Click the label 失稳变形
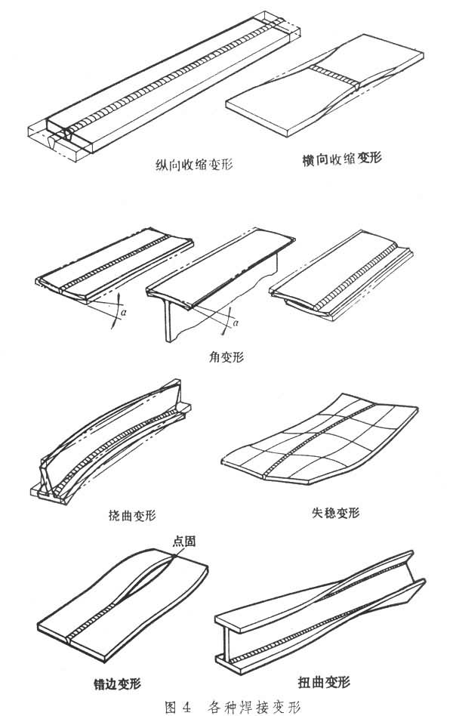pyautogui.click(x=335, y=513)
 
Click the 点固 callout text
pyautogui.click(x=184, y=541)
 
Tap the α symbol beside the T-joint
pyautogui.click(x=236, y=323)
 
